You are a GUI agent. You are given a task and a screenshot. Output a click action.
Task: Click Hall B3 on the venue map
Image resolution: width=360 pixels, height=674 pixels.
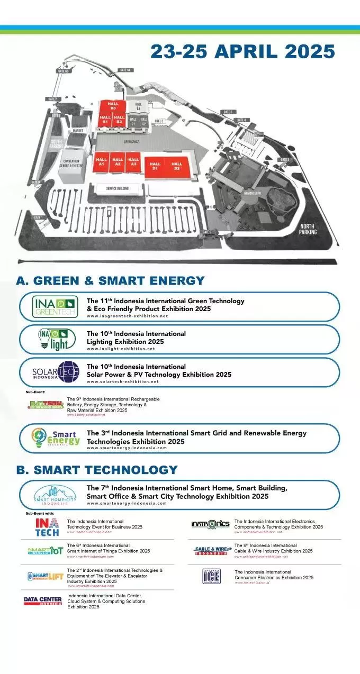click(x=112, y=106)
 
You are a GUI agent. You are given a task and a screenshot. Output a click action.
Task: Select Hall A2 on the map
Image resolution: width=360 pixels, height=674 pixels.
click(x=118, y=162)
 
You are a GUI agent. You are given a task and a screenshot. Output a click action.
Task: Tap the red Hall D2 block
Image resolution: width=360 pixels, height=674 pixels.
click(x=176, y=166)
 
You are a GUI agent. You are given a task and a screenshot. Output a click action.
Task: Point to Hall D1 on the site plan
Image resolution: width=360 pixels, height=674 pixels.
click(x=155, y=166)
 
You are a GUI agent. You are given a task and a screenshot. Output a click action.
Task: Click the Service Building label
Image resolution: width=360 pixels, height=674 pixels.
click(x=117, y=189)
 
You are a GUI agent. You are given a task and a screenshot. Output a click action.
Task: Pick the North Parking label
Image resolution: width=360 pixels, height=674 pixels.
click(x=308, y=229)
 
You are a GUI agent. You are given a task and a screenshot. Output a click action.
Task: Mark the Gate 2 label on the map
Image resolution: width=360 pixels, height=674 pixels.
click(x=206, y=232)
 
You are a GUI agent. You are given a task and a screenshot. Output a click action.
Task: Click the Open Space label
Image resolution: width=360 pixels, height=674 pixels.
click(x=131, y=142)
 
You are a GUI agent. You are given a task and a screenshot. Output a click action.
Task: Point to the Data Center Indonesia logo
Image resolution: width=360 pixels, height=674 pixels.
click(x=43, y=601)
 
